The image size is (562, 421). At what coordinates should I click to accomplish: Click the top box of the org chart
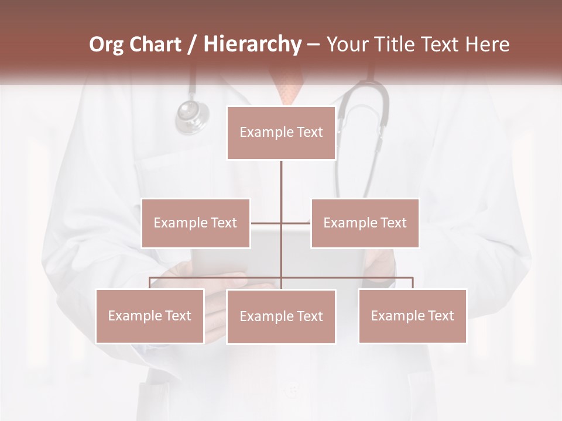pyautogui.click(x=281, y=133)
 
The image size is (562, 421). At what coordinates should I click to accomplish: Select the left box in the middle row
pyautogui.click(x=196, y=223)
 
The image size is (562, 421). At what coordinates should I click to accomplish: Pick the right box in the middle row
pyautogui.click(x=365, y=223)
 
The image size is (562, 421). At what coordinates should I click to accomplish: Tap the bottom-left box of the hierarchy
pyautogui.click(x=150, y=316)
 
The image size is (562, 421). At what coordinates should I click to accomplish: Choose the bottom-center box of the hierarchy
pyautogui.click(x=281, y=316)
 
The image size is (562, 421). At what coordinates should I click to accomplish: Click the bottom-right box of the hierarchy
pyautogui.click(x=413, y=316)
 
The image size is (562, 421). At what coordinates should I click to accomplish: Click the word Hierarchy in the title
pyautogui.click(x=252, y=44)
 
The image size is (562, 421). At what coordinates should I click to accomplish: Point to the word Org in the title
pyautogui.click(x=107, y=44)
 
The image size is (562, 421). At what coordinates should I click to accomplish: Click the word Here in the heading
pyautogui.click(x=487, y=44)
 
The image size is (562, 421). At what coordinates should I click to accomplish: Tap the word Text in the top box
pyautogui.click(x=310, y=133)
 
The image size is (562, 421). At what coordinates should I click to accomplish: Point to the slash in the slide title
pyautogui.click(x=192, y=44)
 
